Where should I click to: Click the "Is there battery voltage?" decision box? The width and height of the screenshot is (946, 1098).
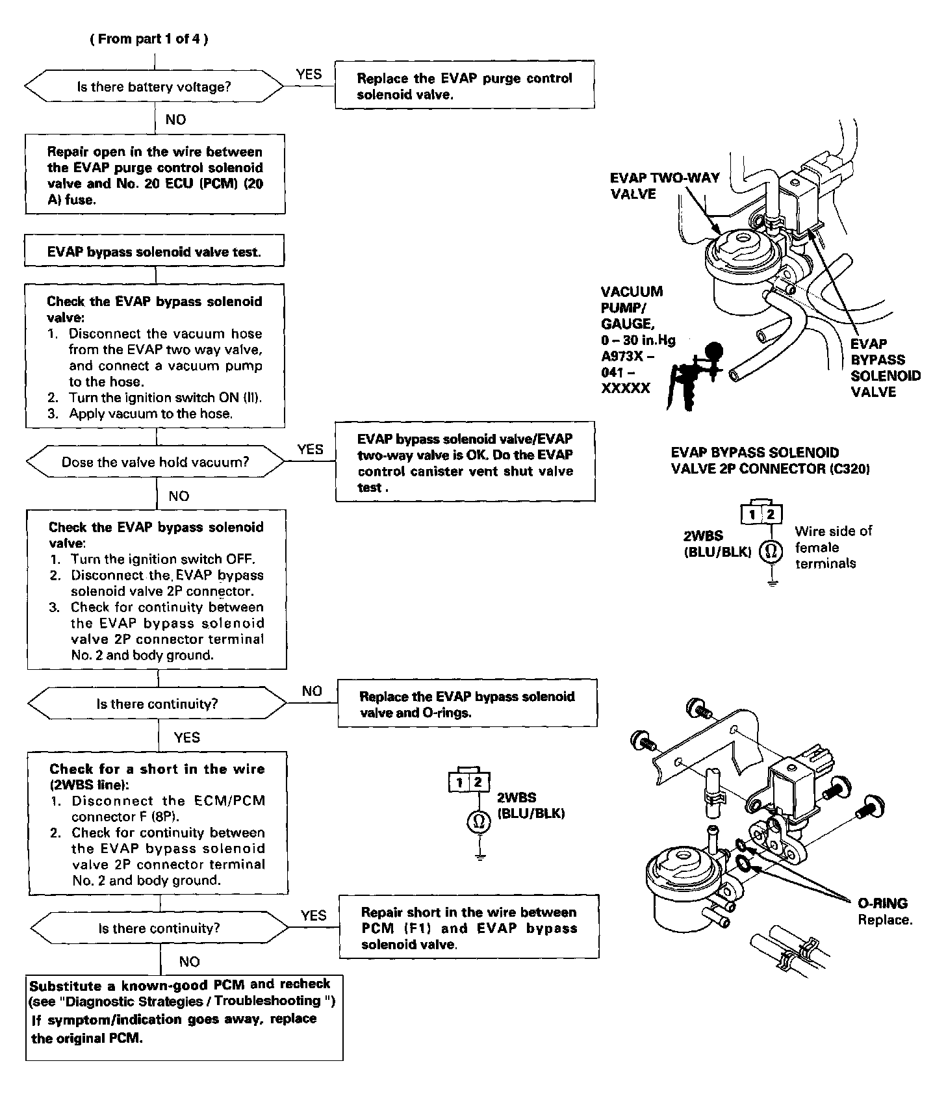(154, 86)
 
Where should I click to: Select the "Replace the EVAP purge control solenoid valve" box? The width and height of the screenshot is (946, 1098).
(465, 86)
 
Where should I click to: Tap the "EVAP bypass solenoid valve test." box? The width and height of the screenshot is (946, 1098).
(154, 252)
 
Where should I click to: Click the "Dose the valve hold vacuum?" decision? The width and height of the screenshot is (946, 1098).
(155, 462)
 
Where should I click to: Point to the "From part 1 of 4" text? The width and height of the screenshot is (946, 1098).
(149, 39)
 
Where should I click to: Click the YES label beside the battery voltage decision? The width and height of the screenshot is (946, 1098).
(309, 74)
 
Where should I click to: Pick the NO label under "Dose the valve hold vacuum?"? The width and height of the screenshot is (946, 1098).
(179, 496)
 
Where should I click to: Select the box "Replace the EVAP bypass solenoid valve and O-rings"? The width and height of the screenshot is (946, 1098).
(467, 704)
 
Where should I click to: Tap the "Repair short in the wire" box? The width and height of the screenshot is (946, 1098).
(468, 928)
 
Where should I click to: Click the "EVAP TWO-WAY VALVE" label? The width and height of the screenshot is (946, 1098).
(664, 186)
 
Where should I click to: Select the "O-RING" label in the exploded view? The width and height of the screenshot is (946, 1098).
(882, 903)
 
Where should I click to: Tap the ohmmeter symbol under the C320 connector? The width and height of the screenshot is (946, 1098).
(771, 552)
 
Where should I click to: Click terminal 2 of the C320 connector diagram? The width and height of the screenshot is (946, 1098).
(771, 515)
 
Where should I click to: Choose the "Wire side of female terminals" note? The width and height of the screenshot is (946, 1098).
(833, 547)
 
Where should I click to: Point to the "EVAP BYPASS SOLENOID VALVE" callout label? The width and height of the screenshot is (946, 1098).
(885, 368)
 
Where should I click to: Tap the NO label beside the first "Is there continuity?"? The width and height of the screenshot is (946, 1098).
(312, 691)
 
